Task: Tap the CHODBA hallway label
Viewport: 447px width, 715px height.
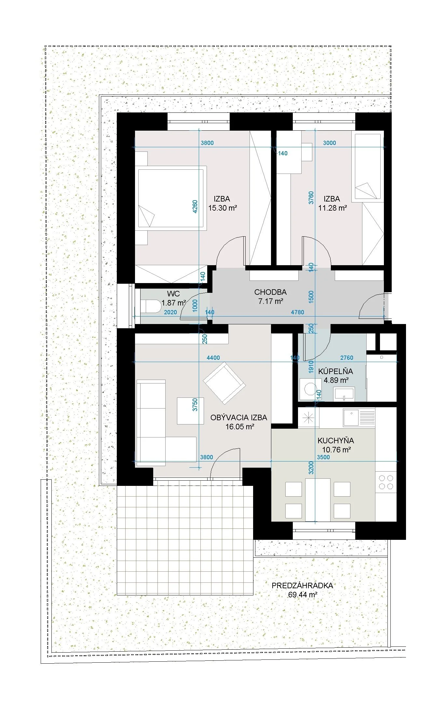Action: [270, 292]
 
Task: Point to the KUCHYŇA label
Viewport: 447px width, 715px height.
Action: [336, 441]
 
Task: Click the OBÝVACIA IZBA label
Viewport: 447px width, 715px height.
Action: [239, 417]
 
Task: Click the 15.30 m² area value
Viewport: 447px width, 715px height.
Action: [223, 208]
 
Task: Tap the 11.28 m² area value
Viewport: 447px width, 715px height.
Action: [332, 208]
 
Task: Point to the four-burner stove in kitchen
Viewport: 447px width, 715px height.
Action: [386, 482]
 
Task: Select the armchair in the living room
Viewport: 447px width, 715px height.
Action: [224, 384]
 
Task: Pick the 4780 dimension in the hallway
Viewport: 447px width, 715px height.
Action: [297, 312]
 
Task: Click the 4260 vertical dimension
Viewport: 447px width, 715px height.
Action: [195, 206]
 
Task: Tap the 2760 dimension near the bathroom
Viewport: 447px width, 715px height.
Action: [346, 358]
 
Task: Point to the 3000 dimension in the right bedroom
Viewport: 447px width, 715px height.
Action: [330, 143]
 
